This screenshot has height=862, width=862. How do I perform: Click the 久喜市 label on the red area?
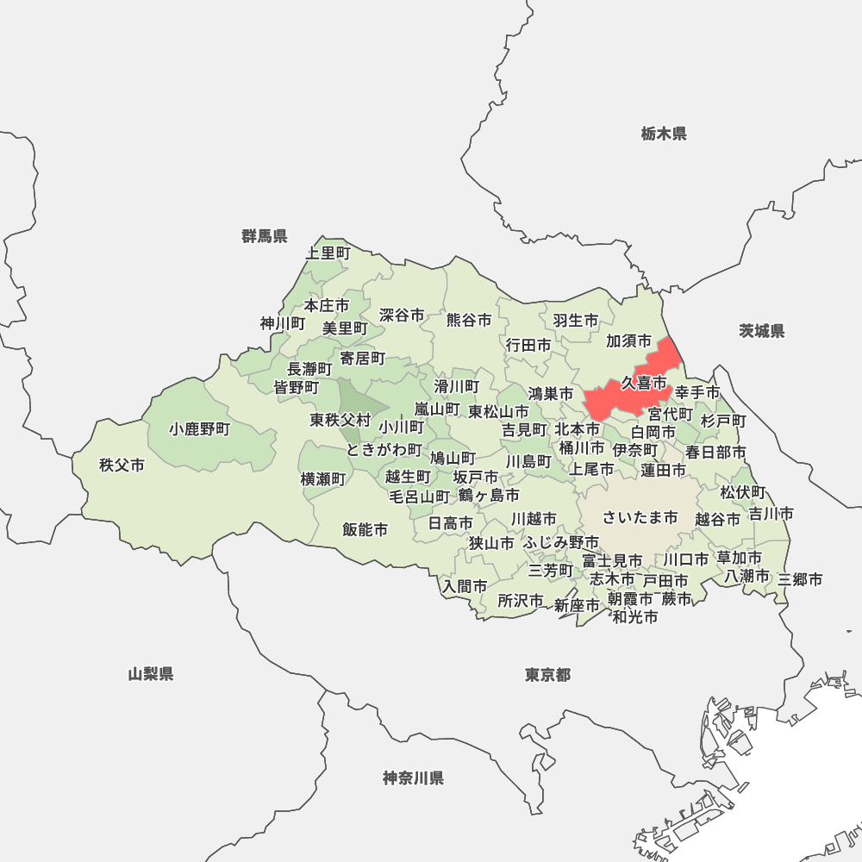point(644,383)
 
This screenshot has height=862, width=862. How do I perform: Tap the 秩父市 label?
point(122,465)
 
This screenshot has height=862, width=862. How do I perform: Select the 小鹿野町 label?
point(200,428)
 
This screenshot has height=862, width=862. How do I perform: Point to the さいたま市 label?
point(640,517)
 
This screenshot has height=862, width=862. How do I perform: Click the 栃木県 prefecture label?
point(664,134)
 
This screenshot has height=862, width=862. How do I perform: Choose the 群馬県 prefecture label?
point(265,236)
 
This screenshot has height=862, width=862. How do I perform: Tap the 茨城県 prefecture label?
point(762,331)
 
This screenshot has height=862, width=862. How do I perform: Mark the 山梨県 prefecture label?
point(151,674)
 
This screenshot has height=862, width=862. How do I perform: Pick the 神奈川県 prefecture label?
point(414,778)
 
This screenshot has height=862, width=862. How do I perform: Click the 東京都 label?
point(547,675)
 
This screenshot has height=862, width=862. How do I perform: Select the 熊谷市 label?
point(469,320)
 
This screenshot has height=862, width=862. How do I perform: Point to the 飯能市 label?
point(365,529)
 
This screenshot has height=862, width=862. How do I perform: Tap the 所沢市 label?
point(521,601)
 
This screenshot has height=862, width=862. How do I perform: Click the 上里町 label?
point(328,253)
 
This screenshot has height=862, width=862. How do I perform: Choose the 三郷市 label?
point(800,579)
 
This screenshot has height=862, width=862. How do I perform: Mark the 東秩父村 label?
point(340,421)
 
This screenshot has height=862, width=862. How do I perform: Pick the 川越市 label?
point(534,519)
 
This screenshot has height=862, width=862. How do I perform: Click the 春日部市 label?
point(715,452)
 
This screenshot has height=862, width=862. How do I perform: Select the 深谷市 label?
point(402,315)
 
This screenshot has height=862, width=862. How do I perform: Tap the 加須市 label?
point(629,341)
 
